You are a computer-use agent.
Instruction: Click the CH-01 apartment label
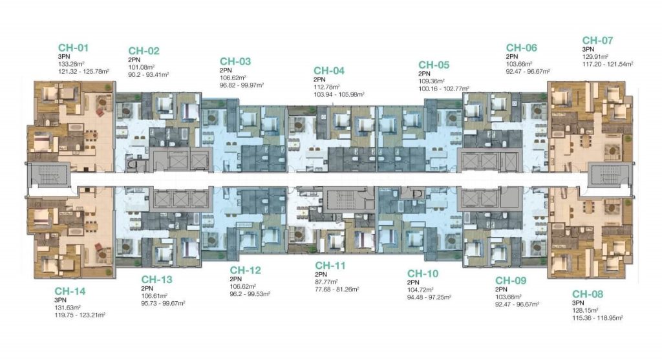74,48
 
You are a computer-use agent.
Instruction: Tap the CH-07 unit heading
597,41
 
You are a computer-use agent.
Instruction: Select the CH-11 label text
330,266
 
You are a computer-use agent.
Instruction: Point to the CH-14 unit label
70,291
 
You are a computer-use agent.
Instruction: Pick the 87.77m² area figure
326,282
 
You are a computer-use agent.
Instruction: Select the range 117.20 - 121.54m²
608,64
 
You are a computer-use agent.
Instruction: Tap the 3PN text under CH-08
578,303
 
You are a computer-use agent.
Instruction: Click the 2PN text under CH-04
319,79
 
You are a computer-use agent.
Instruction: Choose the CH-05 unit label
434,65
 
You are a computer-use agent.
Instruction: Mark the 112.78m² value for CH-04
326,87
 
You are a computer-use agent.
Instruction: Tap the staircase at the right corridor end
611,176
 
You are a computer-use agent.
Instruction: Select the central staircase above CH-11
343,199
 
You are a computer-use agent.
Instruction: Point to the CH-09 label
511,281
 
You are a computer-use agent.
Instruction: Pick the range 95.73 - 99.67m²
163,303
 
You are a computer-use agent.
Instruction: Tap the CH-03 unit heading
235,61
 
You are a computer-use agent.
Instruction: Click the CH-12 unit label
245,270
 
